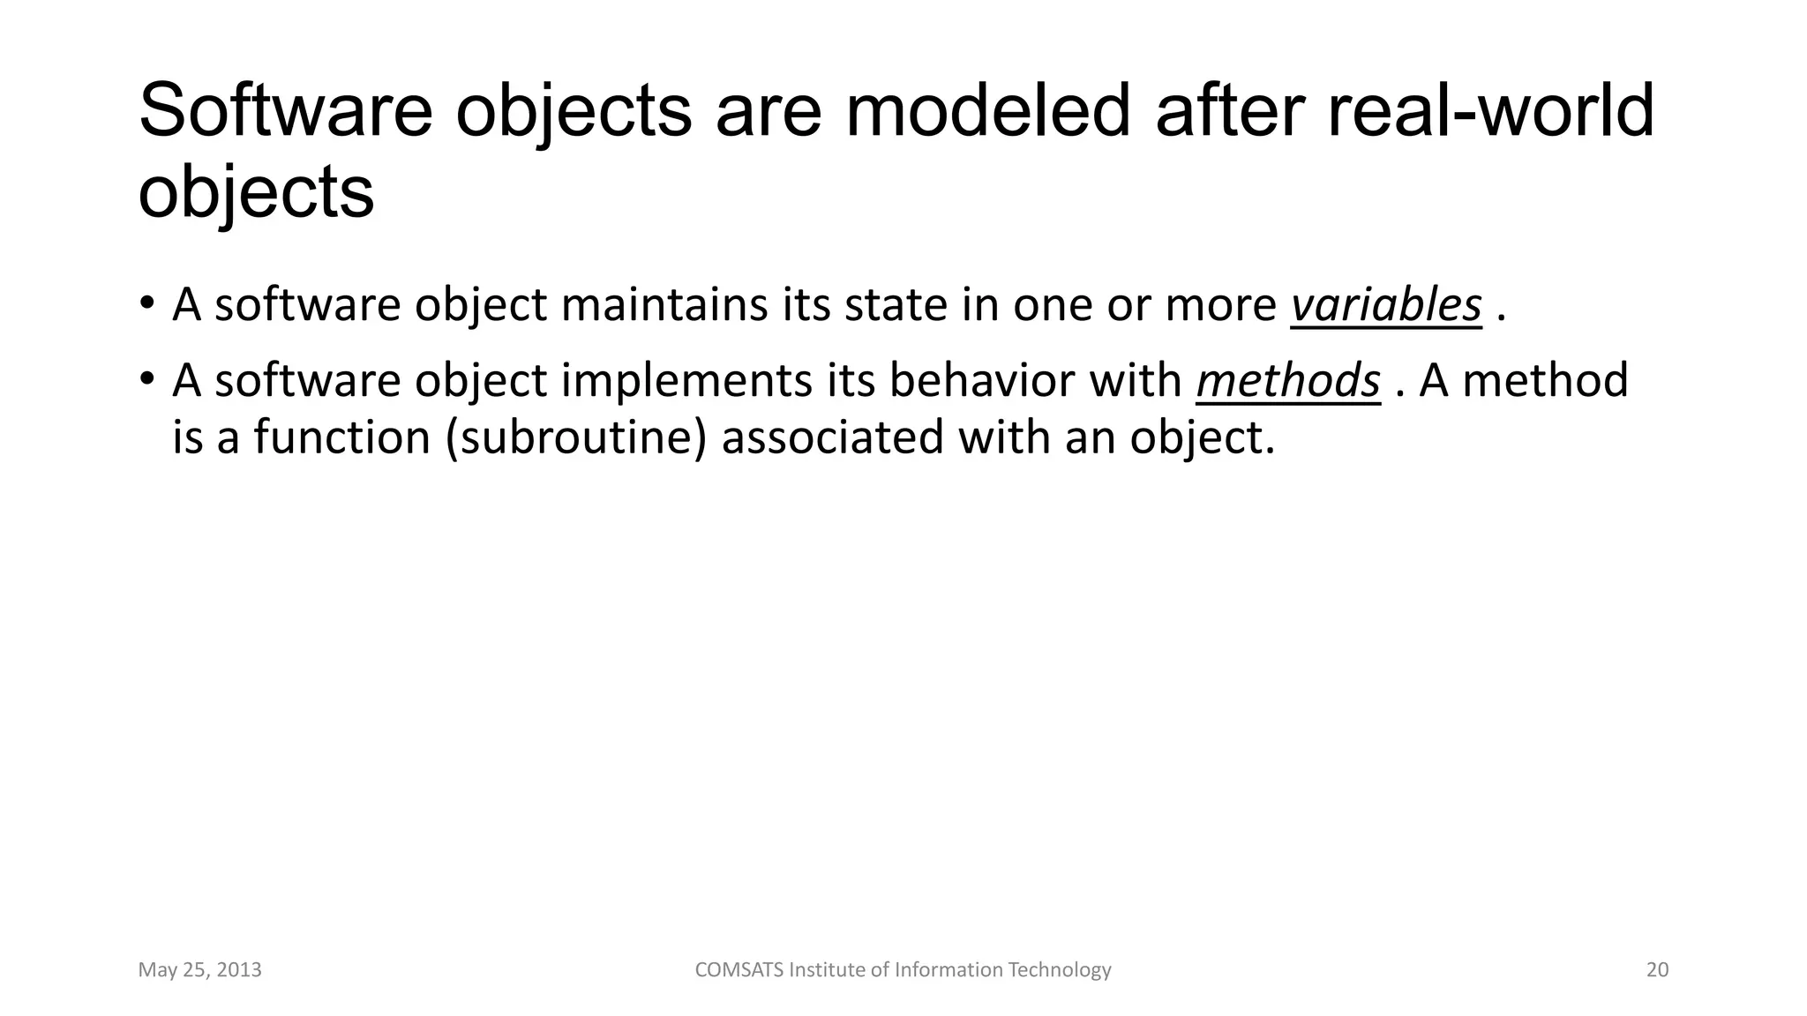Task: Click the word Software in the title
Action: point(285,112)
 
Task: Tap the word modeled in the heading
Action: point(987,112)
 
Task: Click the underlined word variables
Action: point(1386,305)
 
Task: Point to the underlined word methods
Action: point(1287,381)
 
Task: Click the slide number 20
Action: point(1657,970)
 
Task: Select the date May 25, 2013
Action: point(199,970)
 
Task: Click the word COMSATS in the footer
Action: point(739,970)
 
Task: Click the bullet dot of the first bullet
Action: point(146,303)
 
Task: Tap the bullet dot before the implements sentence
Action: point(146,379)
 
